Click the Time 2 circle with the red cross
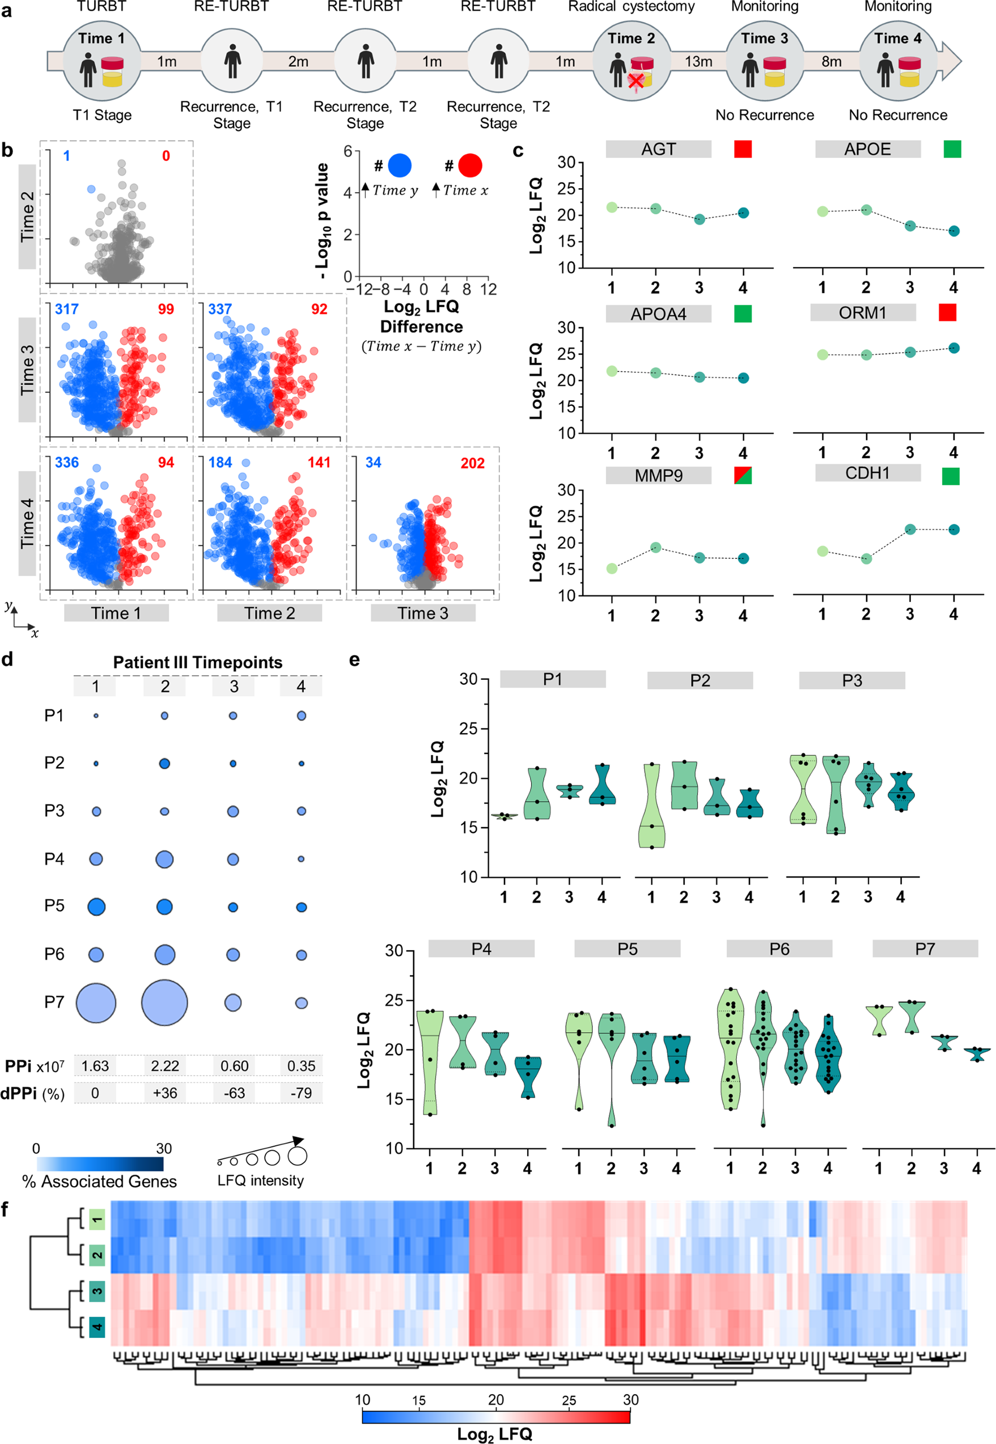pyautogui.click(x=631, y=61)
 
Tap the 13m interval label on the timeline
pyautogui.click(x=698, y=61)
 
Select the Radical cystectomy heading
pyautogui.click(x=631, y=7)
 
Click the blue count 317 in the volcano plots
pyautogui.click(x=67, y=309)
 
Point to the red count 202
pyautogui.click(x=472, y=463)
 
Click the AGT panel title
pyautogui.click(x=658, y=149)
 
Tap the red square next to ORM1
pyautogui.click(x=947, y=312)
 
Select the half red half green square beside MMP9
pyautogui.click(x=743, y=476)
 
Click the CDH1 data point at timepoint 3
pyautogui.click(x=910, y=529)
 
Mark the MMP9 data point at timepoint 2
pyautogui.click(x=655, y=547)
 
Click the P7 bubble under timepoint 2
pyautogui.click(x=165, y=1002)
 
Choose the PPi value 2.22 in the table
pyautogui.click(x=165, y=1066)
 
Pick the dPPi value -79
pyautogui.click(x=301, y=1092)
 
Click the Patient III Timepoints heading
pyautogui.click(x=197, y=662)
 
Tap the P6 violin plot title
pyautogui.click(x=779, y=948)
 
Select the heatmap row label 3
pyautogui.click(x=97, y=1290)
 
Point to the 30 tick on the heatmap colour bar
pyautogui.click(x=630, y=1400)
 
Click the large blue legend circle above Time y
pyautogui.click(x=400, y=166)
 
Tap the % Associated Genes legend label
pyautogui.click(x=99, y=1182)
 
